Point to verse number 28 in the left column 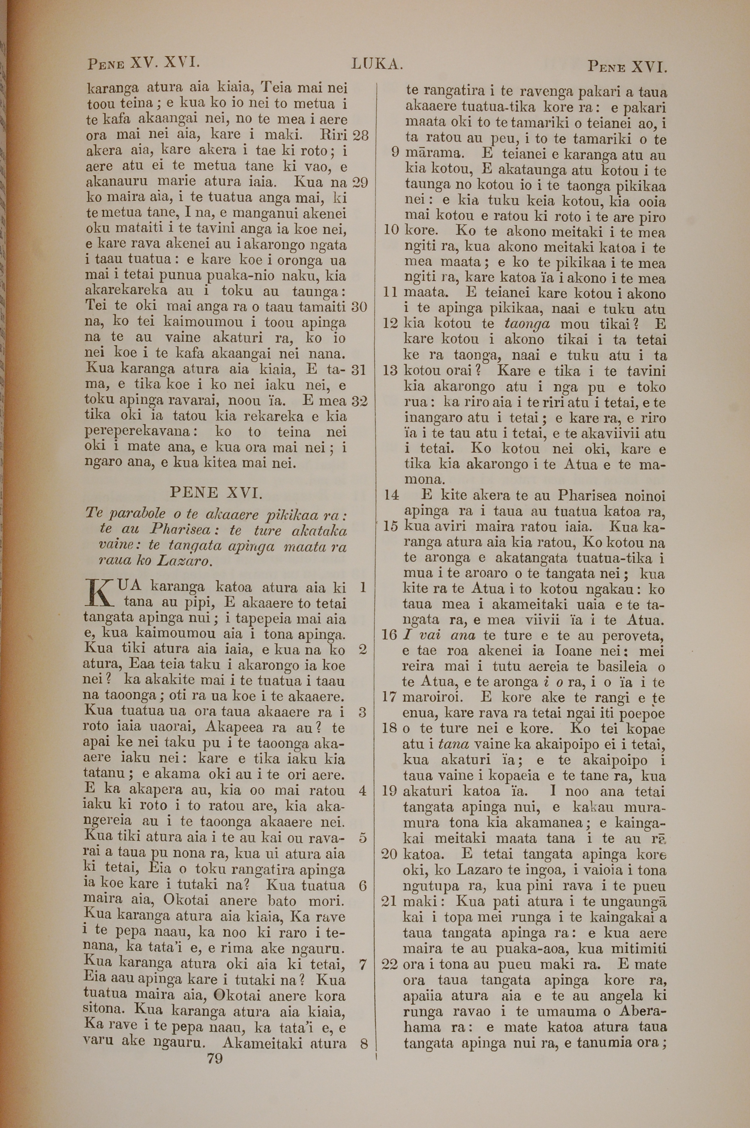[360, 135]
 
